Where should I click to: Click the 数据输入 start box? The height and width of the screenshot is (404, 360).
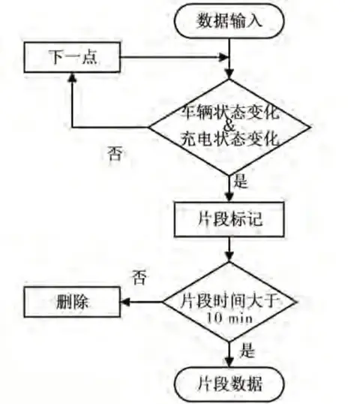pos(229,21)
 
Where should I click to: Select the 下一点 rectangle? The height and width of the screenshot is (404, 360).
pos(72,57)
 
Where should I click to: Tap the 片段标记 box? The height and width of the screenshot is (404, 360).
pos(229,219)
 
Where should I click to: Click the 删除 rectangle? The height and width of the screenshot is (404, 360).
pos(72,302)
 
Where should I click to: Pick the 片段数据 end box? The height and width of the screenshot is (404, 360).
pos(229,384)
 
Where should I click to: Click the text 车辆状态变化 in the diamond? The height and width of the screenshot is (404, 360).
pos(229,113)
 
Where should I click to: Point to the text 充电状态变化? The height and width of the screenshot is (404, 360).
pos(229,139)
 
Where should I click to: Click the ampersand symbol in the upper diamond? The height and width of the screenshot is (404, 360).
pos(229,125)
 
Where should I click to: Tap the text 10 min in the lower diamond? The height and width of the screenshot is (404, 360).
pos(229,318)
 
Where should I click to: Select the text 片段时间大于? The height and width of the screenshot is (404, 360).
pos(229,300)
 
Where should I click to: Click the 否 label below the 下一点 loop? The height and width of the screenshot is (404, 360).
pos(115,154)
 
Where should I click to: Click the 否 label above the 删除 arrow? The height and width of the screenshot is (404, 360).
pos(139,277)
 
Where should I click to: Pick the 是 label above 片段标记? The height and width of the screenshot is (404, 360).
pos(241,181)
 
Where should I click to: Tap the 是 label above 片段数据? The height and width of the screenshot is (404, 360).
pos(247,351)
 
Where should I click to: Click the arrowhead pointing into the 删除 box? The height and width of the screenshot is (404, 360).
pos(124,302)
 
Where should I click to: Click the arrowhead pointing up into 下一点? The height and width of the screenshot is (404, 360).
pos(73,77)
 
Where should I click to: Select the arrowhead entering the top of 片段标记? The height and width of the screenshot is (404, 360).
pos(229,197)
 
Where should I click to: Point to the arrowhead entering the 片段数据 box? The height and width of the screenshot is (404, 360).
pos(229,362)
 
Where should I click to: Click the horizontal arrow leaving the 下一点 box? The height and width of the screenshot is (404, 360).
pos(175,57)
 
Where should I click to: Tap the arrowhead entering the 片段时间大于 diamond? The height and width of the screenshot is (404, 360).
pos(229,257)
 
